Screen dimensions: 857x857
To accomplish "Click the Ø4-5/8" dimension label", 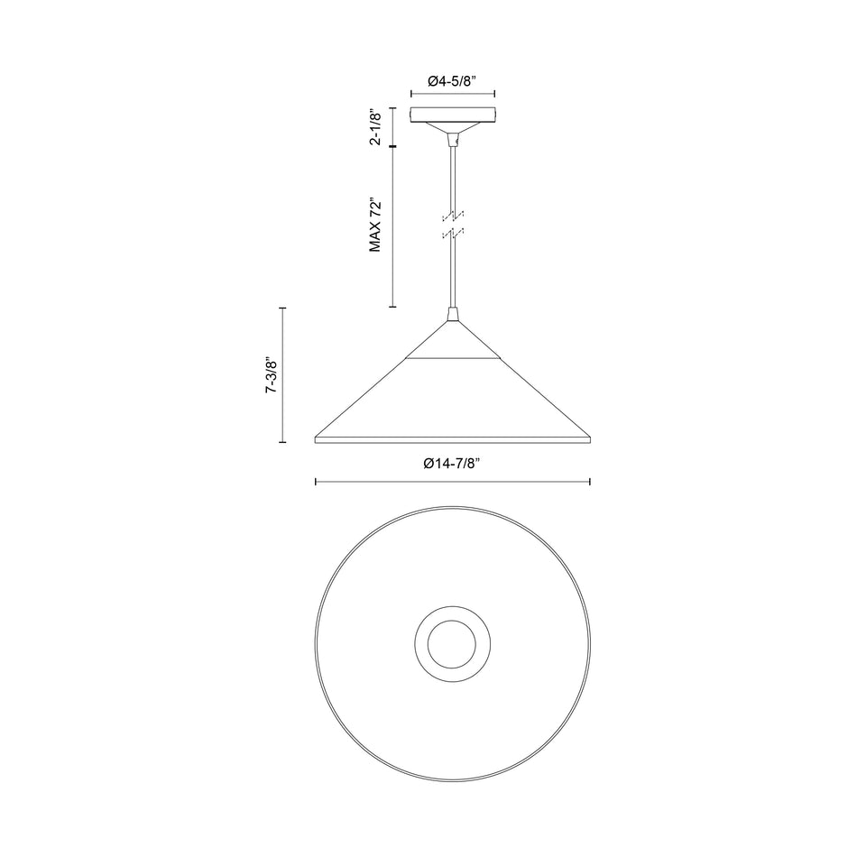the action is [x=453, y=81].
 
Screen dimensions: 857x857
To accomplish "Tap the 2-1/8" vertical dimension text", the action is [x=375, y=127].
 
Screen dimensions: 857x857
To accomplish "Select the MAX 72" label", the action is [x=375, y=225].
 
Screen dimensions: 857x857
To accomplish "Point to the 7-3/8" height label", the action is [x=271, y=375].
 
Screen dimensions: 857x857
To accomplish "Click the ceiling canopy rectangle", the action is [x=453, y=115].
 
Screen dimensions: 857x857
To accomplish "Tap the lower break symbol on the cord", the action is [x=453, y=234].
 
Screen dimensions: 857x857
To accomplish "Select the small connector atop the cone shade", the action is [x=453, y=314].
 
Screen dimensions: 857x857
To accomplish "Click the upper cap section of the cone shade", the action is [x=453, y=342].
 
